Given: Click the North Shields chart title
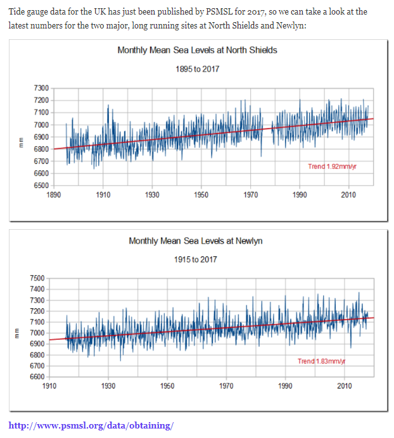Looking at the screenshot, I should (197, 50).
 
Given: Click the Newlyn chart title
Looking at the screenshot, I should (195, 241).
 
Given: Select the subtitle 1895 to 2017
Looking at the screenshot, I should (197, 68).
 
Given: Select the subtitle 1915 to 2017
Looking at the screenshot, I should (195, 260).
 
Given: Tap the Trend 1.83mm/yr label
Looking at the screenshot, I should (321, 361).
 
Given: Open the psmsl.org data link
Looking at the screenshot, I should (91, 425).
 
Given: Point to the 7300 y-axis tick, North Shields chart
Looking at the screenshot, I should (41, 88).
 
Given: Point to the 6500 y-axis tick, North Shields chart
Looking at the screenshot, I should (41, 185).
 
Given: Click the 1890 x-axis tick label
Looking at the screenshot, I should (53, 195).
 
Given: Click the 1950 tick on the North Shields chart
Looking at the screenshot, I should (201, 195).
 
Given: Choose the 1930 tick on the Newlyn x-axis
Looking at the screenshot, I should (108, 386).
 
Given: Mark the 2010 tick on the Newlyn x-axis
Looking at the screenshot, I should (344, 386).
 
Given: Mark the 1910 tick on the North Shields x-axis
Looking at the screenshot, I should (103, 195).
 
